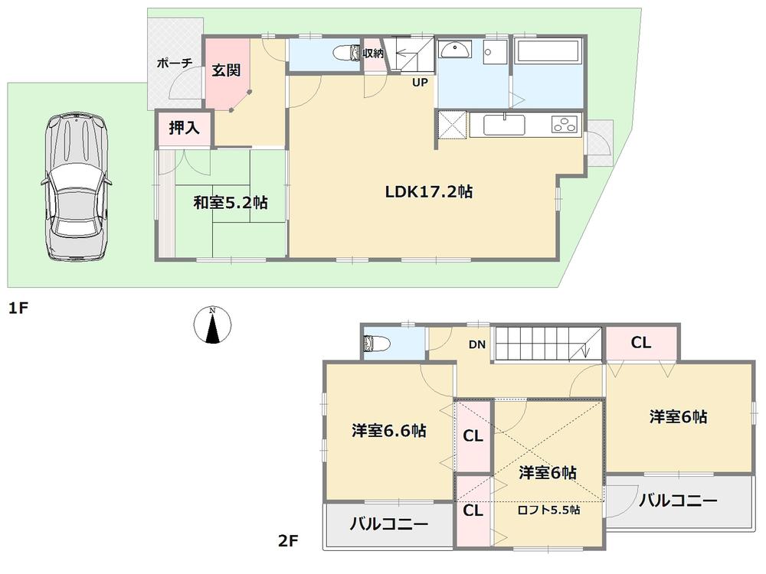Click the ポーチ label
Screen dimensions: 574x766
[174, 64]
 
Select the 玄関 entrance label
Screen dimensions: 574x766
[226, 70]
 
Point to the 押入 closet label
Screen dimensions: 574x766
[185, 129]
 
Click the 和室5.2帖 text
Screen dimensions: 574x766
[230, 203]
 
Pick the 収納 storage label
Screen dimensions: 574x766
[373, 53]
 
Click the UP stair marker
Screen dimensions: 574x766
[420, 83]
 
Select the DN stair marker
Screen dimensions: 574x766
[477, 345]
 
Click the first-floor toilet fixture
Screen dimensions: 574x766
[349, 52]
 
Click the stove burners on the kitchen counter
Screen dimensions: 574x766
[565, 124]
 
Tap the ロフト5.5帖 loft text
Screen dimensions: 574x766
[548, 510]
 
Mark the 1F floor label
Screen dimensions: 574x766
[18, 309]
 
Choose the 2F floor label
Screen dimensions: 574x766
[287, 542]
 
